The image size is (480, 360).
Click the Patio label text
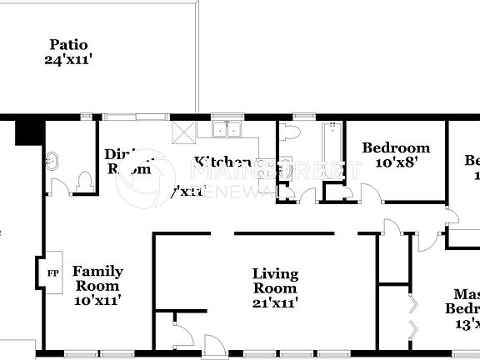[68, 45]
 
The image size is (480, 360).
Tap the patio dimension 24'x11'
[68, 59]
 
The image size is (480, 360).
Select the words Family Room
[97, 278]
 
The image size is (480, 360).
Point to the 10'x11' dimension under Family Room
[97, 300]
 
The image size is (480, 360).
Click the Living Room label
[275, 281]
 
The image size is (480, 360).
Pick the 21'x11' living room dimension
[275, 302]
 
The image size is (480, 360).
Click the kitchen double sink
[226, 129]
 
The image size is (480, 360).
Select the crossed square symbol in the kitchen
[182, 133]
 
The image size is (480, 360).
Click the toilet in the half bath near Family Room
[83, 181]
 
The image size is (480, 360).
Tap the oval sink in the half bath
[53, 160]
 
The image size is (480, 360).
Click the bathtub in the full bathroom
[332, 150]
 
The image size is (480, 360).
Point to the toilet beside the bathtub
[289, 132]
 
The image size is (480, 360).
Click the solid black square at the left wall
[29, 131]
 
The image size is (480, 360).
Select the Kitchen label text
[222, 162]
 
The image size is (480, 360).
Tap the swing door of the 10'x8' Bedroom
[371, 193]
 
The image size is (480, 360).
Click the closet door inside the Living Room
[182, 336]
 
